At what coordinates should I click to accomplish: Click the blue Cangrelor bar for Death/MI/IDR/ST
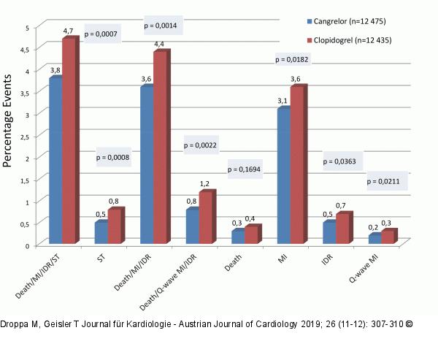55,161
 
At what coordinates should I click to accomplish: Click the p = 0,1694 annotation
245,169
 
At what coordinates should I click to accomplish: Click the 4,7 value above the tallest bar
69,31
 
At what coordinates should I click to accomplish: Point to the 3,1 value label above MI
283,102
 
